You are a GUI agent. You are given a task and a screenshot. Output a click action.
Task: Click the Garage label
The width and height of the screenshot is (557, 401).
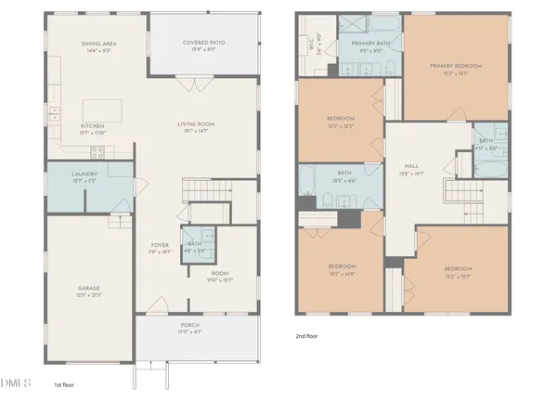[88, 289]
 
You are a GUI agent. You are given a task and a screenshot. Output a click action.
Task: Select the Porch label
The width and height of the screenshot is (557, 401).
[189, 326]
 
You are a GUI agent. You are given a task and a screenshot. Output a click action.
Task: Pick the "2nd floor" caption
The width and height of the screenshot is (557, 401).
[306, 336]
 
